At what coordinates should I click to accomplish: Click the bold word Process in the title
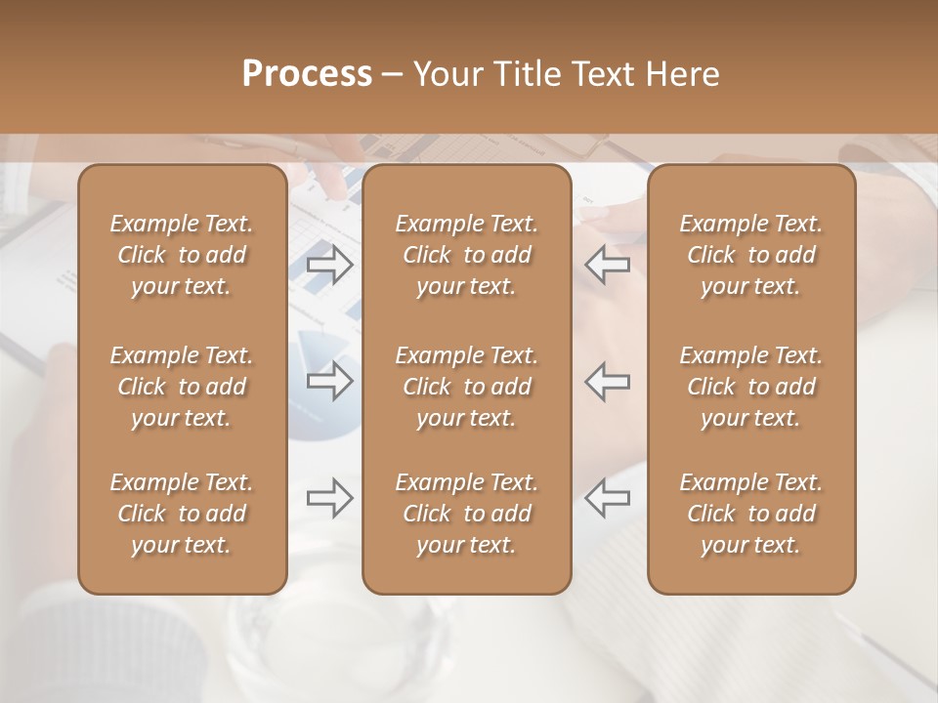click(x=307, y=74)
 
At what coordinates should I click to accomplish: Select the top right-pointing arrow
click(x=330, y=265)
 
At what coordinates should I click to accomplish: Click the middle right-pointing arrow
click(x=330, y=381)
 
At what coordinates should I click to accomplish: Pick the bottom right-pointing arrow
click(x=330, y=498)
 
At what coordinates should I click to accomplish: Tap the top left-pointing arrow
click(x=608, y=265)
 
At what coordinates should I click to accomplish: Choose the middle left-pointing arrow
click(x=608, y=381)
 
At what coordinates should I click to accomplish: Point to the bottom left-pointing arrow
click(x=608, y=498)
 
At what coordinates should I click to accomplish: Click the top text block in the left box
click(x=182, y=255)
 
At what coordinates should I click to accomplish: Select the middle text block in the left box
click(x=182, y=387)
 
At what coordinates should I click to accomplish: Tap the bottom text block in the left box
click(x=182, y=514)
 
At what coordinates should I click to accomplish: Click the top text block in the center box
click(x=467, y=255)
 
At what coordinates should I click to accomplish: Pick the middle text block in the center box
click(x=467, y=387)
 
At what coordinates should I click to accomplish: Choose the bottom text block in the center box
click(x=467, y=514)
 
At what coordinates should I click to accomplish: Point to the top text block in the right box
click(x=751, y=255)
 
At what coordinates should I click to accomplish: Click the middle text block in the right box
click(x=751, y=387)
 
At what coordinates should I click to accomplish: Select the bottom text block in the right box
click(x=751, y=514)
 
